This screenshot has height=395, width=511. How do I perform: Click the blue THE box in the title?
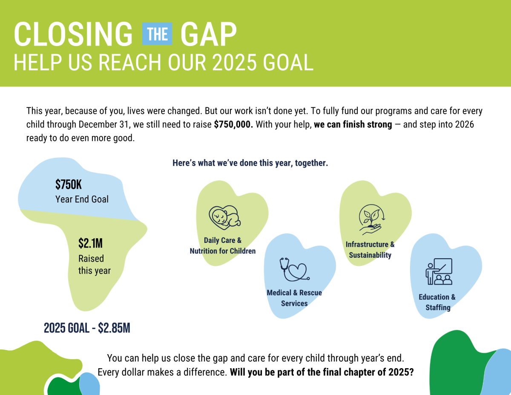click(157, 34)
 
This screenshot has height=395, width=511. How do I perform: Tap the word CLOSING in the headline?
click(73, 35)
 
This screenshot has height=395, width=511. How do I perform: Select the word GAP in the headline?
click(208, 35)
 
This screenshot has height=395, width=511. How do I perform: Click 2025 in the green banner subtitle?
click(234, 62)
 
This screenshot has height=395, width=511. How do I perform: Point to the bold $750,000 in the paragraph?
click(233, 124)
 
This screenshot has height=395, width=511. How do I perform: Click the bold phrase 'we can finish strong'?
click(353, 124)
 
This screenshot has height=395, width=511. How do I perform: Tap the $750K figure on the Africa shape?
click(69, 185)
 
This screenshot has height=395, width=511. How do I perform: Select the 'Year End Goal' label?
click(82, 199)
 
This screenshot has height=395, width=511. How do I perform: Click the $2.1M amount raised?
click(91, 243)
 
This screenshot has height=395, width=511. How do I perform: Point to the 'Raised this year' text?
click(94, 265)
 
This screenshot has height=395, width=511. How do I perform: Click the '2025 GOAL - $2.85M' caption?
click(87, 328)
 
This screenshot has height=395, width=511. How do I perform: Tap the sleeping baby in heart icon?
click(225, 217)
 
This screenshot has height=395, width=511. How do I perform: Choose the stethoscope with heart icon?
click(294, 269)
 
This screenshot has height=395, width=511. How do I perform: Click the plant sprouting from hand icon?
click(371, 219)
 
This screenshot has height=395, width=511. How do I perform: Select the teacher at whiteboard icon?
click(439, 271)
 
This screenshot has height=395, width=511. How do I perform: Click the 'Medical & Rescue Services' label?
click(294, 298)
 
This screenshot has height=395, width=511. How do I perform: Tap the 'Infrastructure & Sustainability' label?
click(370, 250)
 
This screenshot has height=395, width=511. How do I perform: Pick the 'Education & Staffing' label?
click(437, 302)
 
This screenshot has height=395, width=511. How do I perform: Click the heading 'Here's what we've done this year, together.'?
click(250, 163)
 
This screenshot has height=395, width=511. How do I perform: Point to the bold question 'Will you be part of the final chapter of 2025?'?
click(322, 372)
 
